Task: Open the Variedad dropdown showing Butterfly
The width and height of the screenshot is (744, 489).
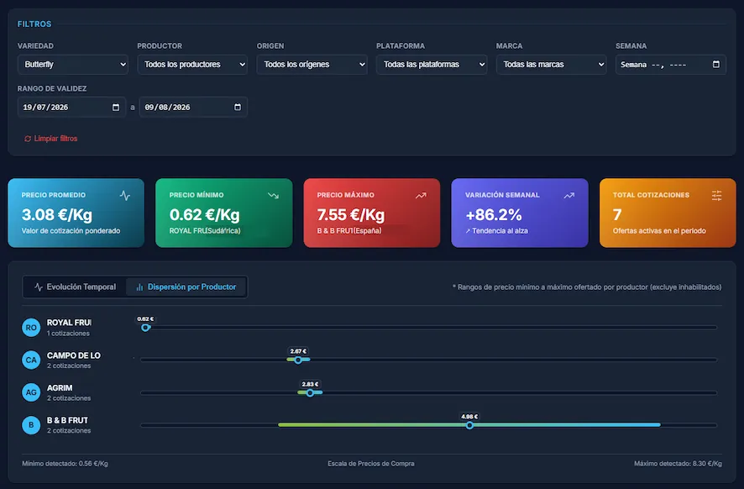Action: point(73,65)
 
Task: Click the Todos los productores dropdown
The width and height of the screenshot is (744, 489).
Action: point(192,65)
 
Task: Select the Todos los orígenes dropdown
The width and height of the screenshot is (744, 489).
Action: point(312,65)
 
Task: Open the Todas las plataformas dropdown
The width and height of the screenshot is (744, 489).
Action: point(432,65)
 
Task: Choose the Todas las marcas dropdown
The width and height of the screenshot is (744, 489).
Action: point(552,65)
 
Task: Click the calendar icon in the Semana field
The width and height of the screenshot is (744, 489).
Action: point(716,64)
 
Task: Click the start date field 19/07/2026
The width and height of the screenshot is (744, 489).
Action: point(71,108)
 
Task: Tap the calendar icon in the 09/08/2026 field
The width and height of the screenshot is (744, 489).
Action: point(238,108)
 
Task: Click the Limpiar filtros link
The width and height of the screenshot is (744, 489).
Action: point(50,139)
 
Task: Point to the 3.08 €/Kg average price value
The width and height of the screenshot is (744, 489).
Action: point(57,215)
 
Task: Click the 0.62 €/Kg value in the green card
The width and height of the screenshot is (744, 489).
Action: point(205,215)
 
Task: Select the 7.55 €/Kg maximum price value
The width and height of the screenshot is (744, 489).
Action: point(351,215)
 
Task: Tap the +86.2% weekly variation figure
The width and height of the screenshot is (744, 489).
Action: point(494,215)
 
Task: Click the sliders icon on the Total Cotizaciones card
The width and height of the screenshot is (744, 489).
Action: point(716,195)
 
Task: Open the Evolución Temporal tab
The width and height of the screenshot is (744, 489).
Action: point(75,287)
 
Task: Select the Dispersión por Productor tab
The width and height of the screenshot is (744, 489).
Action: point(186,287)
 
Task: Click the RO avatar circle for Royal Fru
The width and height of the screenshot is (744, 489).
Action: point(31,328)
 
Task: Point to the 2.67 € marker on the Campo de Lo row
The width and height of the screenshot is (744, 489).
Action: point(298,360)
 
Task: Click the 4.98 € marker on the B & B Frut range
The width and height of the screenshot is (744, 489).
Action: point(469,425)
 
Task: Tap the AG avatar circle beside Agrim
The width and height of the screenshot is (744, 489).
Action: point(31,392)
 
